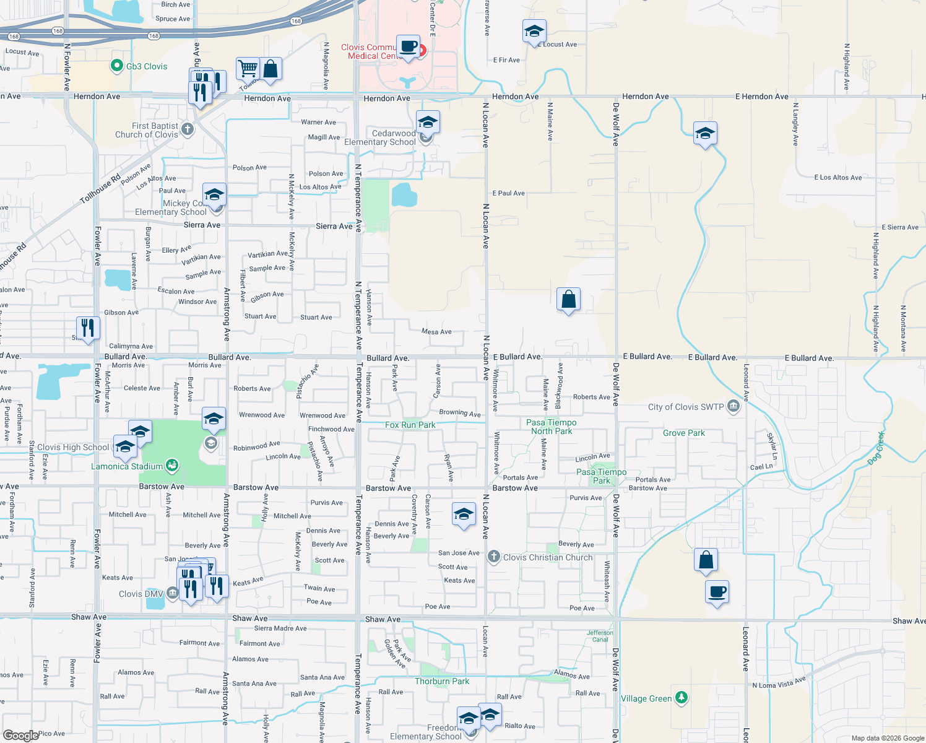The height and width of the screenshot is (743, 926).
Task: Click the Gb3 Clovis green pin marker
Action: point(117,66)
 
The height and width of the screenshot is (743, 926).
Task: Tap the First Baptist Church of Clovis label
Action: point(147,130)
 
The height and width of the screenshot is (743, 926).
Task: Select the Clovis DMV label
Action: point(141,594)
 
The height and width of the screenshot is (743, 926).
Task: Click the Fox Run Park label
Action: point(410,425)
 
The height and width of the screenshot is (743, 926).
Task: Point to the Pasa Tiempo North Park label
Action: point(551,427)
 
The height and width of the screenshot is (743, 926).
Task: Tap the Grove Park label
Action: point(683,433)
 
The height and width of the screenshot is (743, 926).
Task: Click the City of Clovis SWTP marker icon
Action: point(733,407)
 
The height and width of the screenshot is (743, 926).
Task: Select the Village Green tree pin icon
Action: point(681,698)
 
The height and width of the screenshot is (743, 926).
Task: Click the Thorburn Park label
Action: point(442,681)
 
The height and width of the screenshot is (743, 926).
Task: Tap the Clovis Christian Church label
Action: point(548,557)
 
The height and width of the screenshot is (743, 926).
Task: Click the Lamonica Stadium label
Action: point(127,466)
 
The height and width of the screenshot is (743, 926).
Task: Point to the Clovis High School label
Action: point(73,447)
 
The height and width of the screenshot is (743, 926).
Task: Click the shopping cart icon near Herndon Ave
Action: point(248,68)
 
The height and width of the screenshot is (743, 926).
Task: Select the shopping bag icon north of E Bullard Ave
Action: point(568,300)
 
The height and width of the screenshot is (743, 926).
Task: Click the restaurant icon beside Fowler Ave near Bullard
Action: point(88,328)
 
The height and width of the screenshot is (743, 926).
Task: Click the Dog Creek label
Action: point(876,448)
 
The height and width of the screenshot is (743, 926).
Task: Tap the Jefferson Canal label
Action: point(600,636)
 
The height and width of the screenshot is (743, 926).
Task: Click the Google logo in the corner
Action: point(20,735)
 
